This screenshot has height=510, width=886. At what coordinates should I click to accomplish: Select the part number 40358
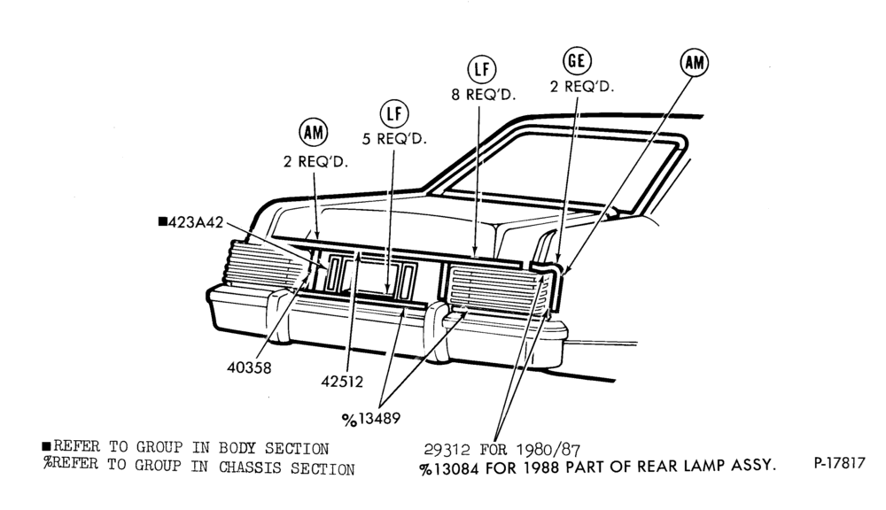pos(249,367)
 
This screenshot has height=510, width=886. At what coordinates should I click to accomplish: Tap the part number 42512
pos(342,382)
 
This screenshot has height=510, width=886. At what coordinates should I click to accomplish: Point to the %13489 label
pos(371,419)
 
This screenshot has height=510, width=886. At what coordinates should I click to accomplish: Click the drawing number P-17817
pos(839,463)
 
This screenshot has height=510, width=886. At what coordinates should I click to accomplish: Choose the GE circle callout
pos(577,60)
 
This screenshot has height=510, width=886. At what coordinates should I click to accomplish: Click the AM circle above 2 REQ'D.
pos(313,133)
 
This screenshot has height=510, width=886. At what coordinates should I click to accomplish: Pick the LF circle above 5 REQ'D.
pos(394,114)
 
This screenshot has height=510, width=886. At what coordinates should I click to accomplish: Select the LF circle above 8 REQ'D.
pos(481,69)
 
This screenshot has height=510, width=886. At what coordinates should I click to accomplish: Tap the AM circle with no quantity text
pos(694,62)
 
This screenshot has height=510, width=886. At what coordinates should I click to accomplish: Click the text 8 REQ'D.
pos(484,95)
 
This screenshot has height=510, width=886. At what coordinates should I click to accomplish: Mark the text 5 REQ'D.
pos(394,138)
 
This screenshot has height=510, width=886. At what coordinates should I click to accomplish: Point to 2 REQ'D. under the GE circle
pos(582,87)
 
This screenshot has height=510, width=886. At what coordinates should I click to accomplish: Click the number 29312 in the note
pos(447,449)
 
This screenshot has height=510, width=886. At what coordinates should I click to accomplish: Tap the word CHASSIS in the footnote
pos(252,467)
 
